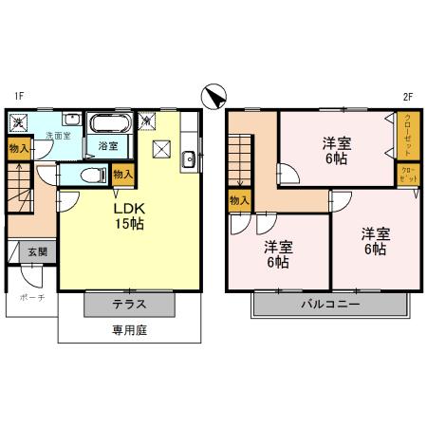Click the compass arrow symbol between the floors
tap(214, 96)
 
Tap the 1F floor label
tap(18, 95)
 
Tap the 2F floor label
tap(408, 95)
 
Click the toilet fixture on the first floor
tap(90, 175)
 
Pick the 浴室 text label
tap(107, 146)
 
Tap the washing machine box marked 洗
tap(19, 121)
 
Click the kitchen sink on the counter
tap(188, 158)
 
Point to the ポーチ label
tap(32, 297)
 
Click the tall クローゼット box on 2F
tap(407, 135)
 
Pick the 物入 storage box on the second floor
tap(239, 201)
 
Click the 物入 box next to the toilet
tap(122, 175)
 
